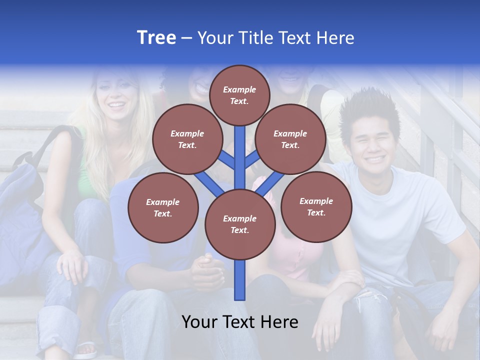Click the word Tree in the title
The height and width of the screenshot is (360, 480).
coord(156,37)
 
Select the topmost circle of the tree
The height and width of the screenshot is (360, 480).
coord(239,95)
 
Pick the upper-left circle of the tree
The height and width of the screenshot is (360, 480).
coord(187,139)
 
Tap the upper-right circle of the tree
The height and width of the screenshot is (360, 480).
coord(290,139)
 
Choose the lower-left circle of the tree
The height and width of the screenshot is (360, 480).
coord(163,207)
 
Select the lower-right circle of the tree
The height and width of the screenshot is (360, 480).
coord(316,206)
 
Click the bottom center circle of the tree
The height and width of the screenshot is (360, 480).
coord(240,224)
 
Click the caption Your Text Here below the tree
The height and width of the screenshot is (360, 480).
coord(240,322)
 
